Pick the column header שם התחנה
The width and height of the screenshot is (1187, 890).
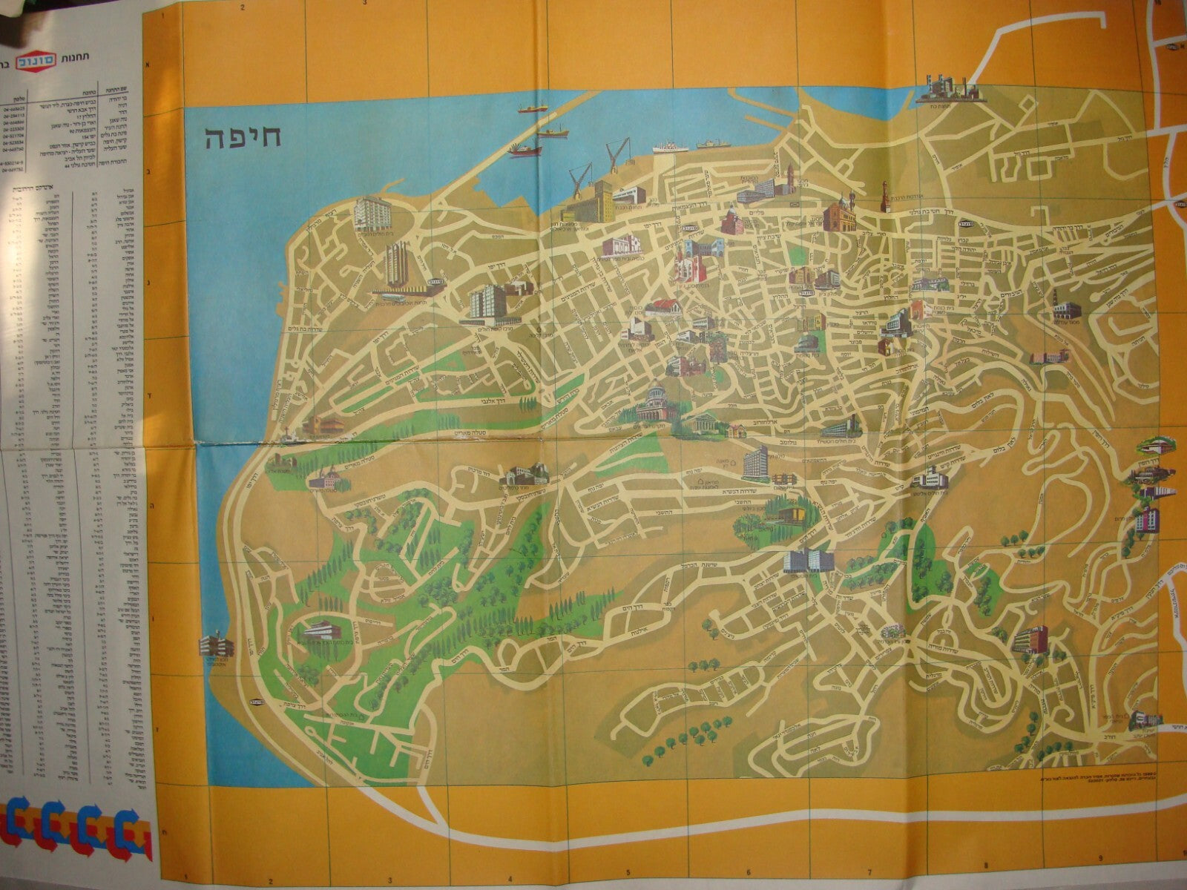pos(119,86)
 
